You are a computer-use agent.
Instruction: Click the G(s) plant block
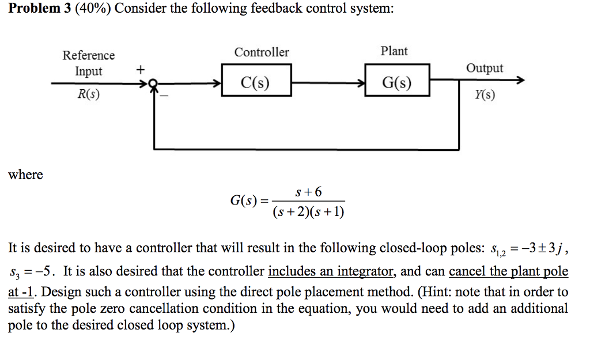point(397,84)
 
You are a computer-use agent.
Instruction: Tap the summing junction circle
point(153,84)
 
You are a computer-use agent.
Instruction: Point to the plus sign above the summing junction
point(139,70)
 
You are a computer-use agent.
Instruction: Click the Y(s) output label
point(483,94)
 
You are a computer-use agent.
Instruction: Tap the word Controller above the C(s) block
point(262,52)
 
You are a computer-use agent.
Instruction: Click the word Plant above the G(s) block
point(394,51)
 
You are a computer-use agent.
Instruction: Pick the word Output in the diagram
point(484,69)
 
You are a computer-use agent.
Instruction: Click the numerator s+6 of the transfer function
point(308,192)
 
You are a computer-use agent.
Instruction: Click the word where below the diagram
point(25,175)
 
